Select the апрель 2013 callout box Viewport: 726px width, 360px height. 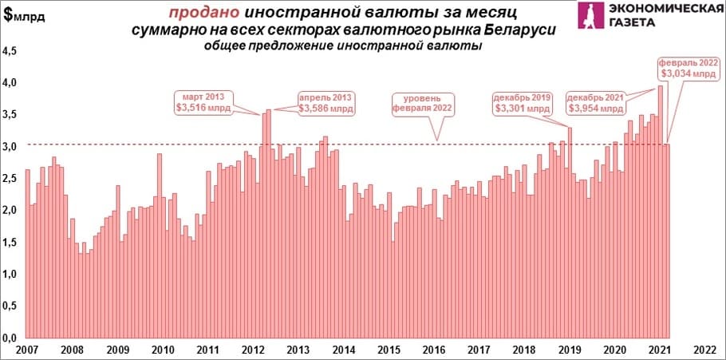pyautogui.click(x=326, y=101)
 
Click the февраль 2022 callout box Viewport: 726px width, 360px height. pyautogui.click(x=688, y=67)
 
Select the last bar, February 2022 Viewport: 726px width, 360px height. pyautogui.click(x=666, y=239)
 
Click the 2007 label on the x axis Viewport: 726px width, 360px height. pyautogui.click(x=27, y=350)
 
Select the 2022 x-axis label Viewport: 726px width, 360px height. pyautogui.click(x=704, y=350)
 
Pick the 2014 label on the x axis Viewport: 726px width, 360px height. pyautogui.click(x=343, y=350)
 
